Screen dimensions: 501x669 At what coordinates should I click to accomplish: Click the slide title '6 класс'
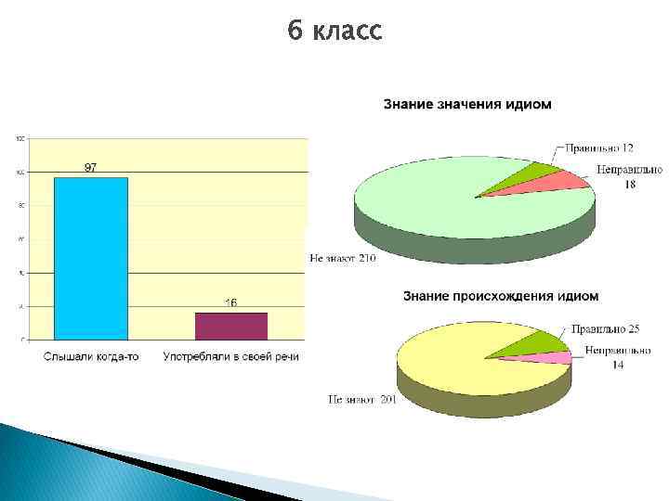coord(334,32)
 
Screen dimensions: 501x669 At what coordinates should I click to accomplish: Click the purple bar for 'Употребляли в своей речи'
coord(230,326)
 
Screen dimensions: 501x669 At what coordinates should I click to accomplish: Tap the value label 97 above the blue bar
coord(91,168)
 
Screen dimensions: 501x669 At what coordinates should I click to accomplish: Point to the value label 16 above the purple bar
coord(230,302)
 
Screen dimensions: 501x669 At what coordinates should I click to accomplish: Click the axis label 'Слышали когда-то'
coord(91,357)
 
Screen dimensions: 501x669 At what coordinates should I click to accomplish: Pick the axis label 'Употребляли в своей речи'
coord(231,357)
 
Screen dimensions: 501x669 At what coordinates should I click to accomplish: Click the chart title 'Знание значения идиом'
coord(466,104)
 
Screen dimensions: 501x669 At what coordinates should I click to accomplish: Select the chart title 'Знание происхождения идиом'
coord(500,296)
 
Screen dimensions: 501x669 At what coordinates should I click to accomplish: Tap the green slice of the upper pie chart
coord(530,176)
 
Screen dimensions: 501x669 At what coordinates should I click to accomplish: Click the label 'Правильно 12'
coord(599,148)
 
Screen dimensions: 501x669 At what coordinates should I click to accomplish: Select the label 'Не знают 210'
coord(343,259)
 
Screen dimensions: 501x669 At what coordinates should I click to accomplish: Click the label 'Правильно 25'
coord(605,328)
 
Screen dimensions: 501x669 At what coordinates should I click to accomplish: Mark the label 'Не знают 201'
coord(361,400)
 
